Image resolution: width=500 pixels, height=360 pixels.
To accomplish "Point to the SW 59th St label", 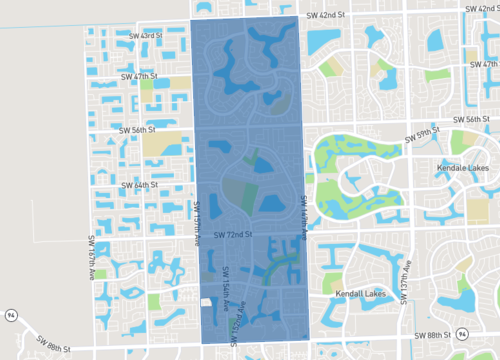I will tap(423, 132).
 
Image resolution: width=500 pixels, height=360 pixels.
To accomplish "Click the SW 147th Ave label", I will tap(303, 216).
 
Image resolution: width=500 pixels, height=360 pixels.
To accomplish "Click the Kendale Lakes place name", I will tap(463, 168).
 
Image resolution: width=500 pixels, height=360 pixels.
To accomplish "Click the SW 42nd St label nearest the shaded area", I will tap(325, 15).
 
